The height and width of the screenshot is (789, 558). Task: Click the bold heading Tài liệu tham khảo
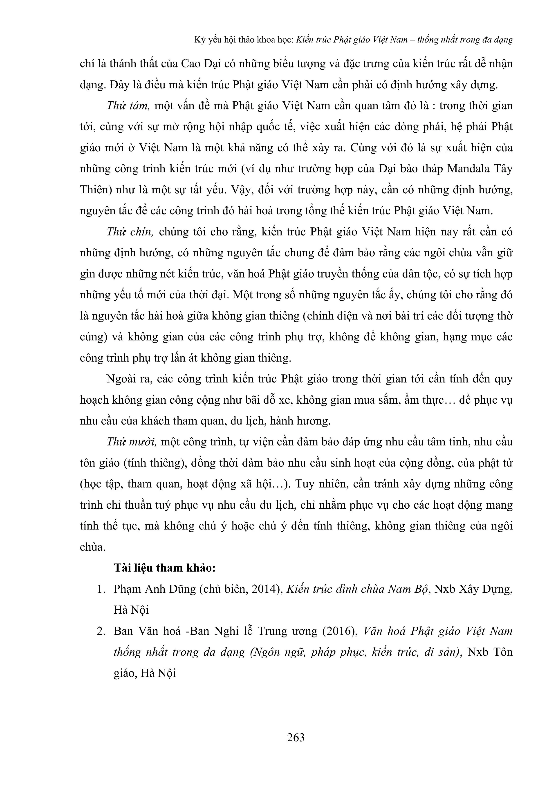(x=165, y=568)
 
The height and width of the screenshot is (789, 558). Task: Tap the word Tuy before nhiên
(x=305, y=484)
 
